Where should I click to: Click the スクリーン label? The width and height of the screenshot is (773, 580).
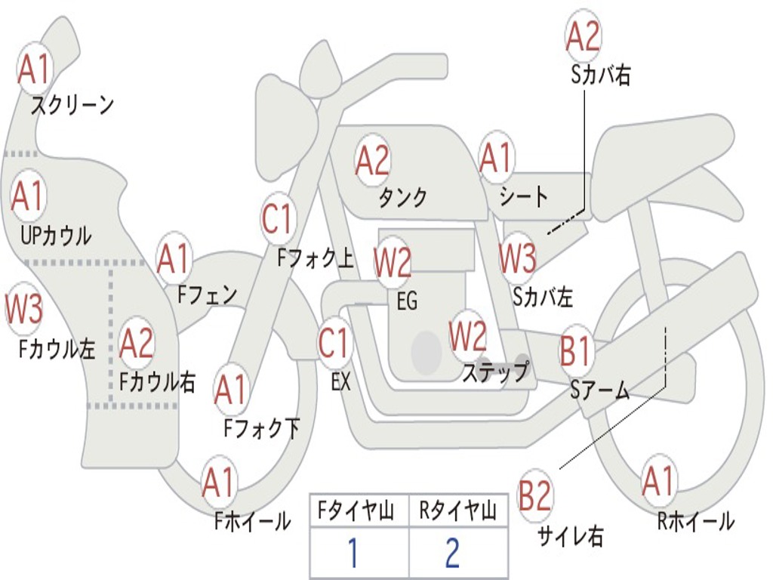tap(72, 105)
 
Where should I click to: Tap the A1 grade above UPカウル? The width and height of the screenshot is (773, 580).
tap(29, 196)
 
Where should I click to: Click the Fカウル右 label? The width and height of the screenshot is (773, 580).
tap(158, 381)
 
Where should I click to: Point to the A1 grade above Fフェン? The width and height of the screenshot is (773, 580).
tap(174, 258)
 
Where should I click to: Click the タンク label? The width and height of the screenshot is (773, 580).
tap(402, 197)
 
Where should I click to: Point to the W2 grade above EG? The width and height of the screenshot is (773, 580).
tap(393, 262)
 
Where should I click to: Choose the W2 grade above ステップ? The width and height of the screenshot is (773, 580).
tap(468, 335)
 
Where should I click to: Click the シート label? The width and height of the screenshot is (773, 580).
tap(524, 197)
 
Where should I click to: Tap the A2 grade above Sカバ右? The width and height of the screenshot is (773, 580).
tap(583, 35)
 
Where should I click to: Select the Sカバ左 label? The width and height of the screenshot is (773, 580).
tap(543, 297)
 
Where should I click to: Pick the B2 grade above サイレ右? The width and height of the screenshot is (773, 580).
tap(536, 496)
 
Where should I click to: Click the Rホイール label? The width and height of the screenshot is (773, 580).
tap(695, 520)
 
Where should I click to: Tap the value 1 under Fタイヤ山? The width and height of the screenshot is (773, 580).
tap(353, 553)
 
